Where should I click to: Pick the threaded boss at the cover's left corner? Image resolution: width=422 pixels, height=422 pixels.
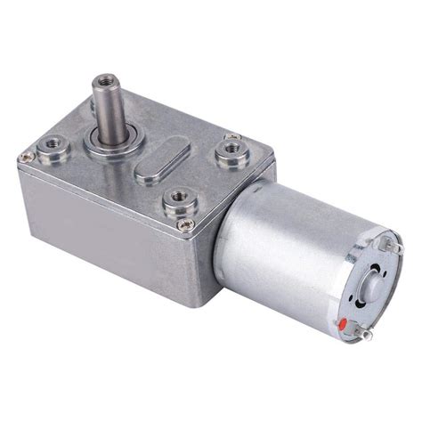[50, 141]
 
